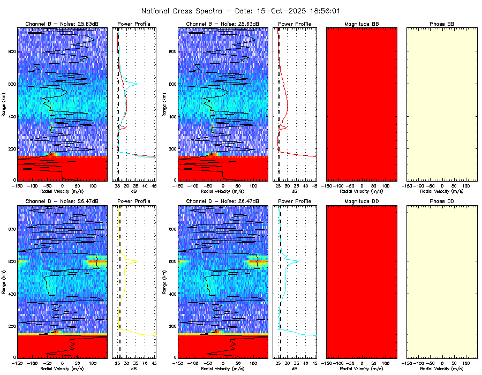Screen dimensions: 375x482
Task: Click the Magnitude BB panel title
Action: tap(362, 24)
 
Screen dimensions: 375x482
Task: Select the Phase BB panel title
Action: tap(442, 24)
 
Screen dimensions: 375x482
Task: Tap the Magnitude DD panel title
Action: tap(362, 201)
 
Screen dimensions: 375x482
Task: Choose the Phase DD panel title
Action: tap(442, 201)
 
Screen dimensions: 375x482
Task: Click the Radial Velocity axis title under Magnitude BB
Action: tap(362, 191)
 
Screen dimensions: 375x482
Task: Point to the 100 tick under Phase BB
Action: tap(465, 185)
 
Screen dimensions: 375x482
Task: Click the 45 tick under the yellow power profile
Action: tap(154, 363)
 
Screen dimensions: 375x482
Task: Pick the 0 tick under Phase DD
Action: tap(442, 363)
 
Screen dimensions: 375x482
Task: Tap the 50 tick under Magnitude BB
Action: tap(374, 185)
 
